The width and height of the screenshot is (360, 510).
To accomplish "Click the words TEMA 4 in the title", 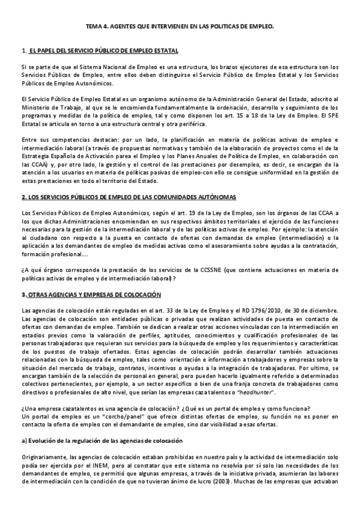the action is point(95,28).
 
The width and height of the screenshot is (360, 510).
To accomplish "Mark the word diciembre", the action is point(324,310).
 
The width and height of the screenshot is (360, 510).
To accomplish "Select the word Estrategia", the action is point(35,155).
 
